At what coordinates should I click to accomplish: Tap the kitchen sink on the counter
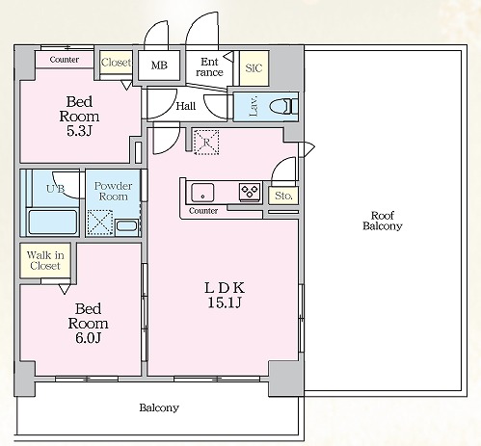tap(202, 193)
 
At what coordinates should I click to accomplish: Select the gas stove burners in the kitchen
tap(250, 192)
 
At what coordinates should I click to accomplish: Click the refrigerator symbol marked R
tap(206, 142)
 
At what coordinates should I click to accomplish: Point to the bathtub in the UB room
tap(53, 222)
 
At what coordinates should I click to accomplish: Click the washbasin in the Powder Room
tap(126, 226)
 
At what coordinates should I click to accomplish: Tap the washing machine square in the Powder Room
tap(100, 223)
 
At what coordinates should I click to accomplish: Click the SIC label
tap(254, 67)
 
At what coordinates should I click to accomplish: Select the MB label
tap(159, 66)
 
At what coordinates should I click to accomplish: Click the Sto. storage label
tap(283, 196)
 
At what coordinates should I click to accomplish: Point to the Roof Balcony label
tap(383, 221)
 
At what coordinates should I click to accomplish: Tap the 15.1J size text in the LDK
tap(225, 302)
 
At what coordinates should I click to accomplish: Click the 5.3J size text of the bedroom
tap(79, 131)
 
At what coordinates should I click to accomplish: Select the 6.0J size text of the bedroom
tap(89, 338)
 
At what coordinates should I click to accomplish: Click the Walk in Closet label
tap(45, 260)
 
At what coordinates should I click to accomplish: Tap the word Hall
tap(186, 106)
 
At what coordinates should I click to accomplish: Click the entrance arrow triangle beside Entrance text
tap(229, 56)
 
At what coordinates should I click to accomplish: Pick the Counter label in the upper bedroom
tap(65, 60)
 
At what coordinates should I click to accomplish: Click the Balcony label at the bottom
tap(159, 407)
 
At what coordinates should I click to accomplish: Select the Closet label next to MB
tap(116, 62)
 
